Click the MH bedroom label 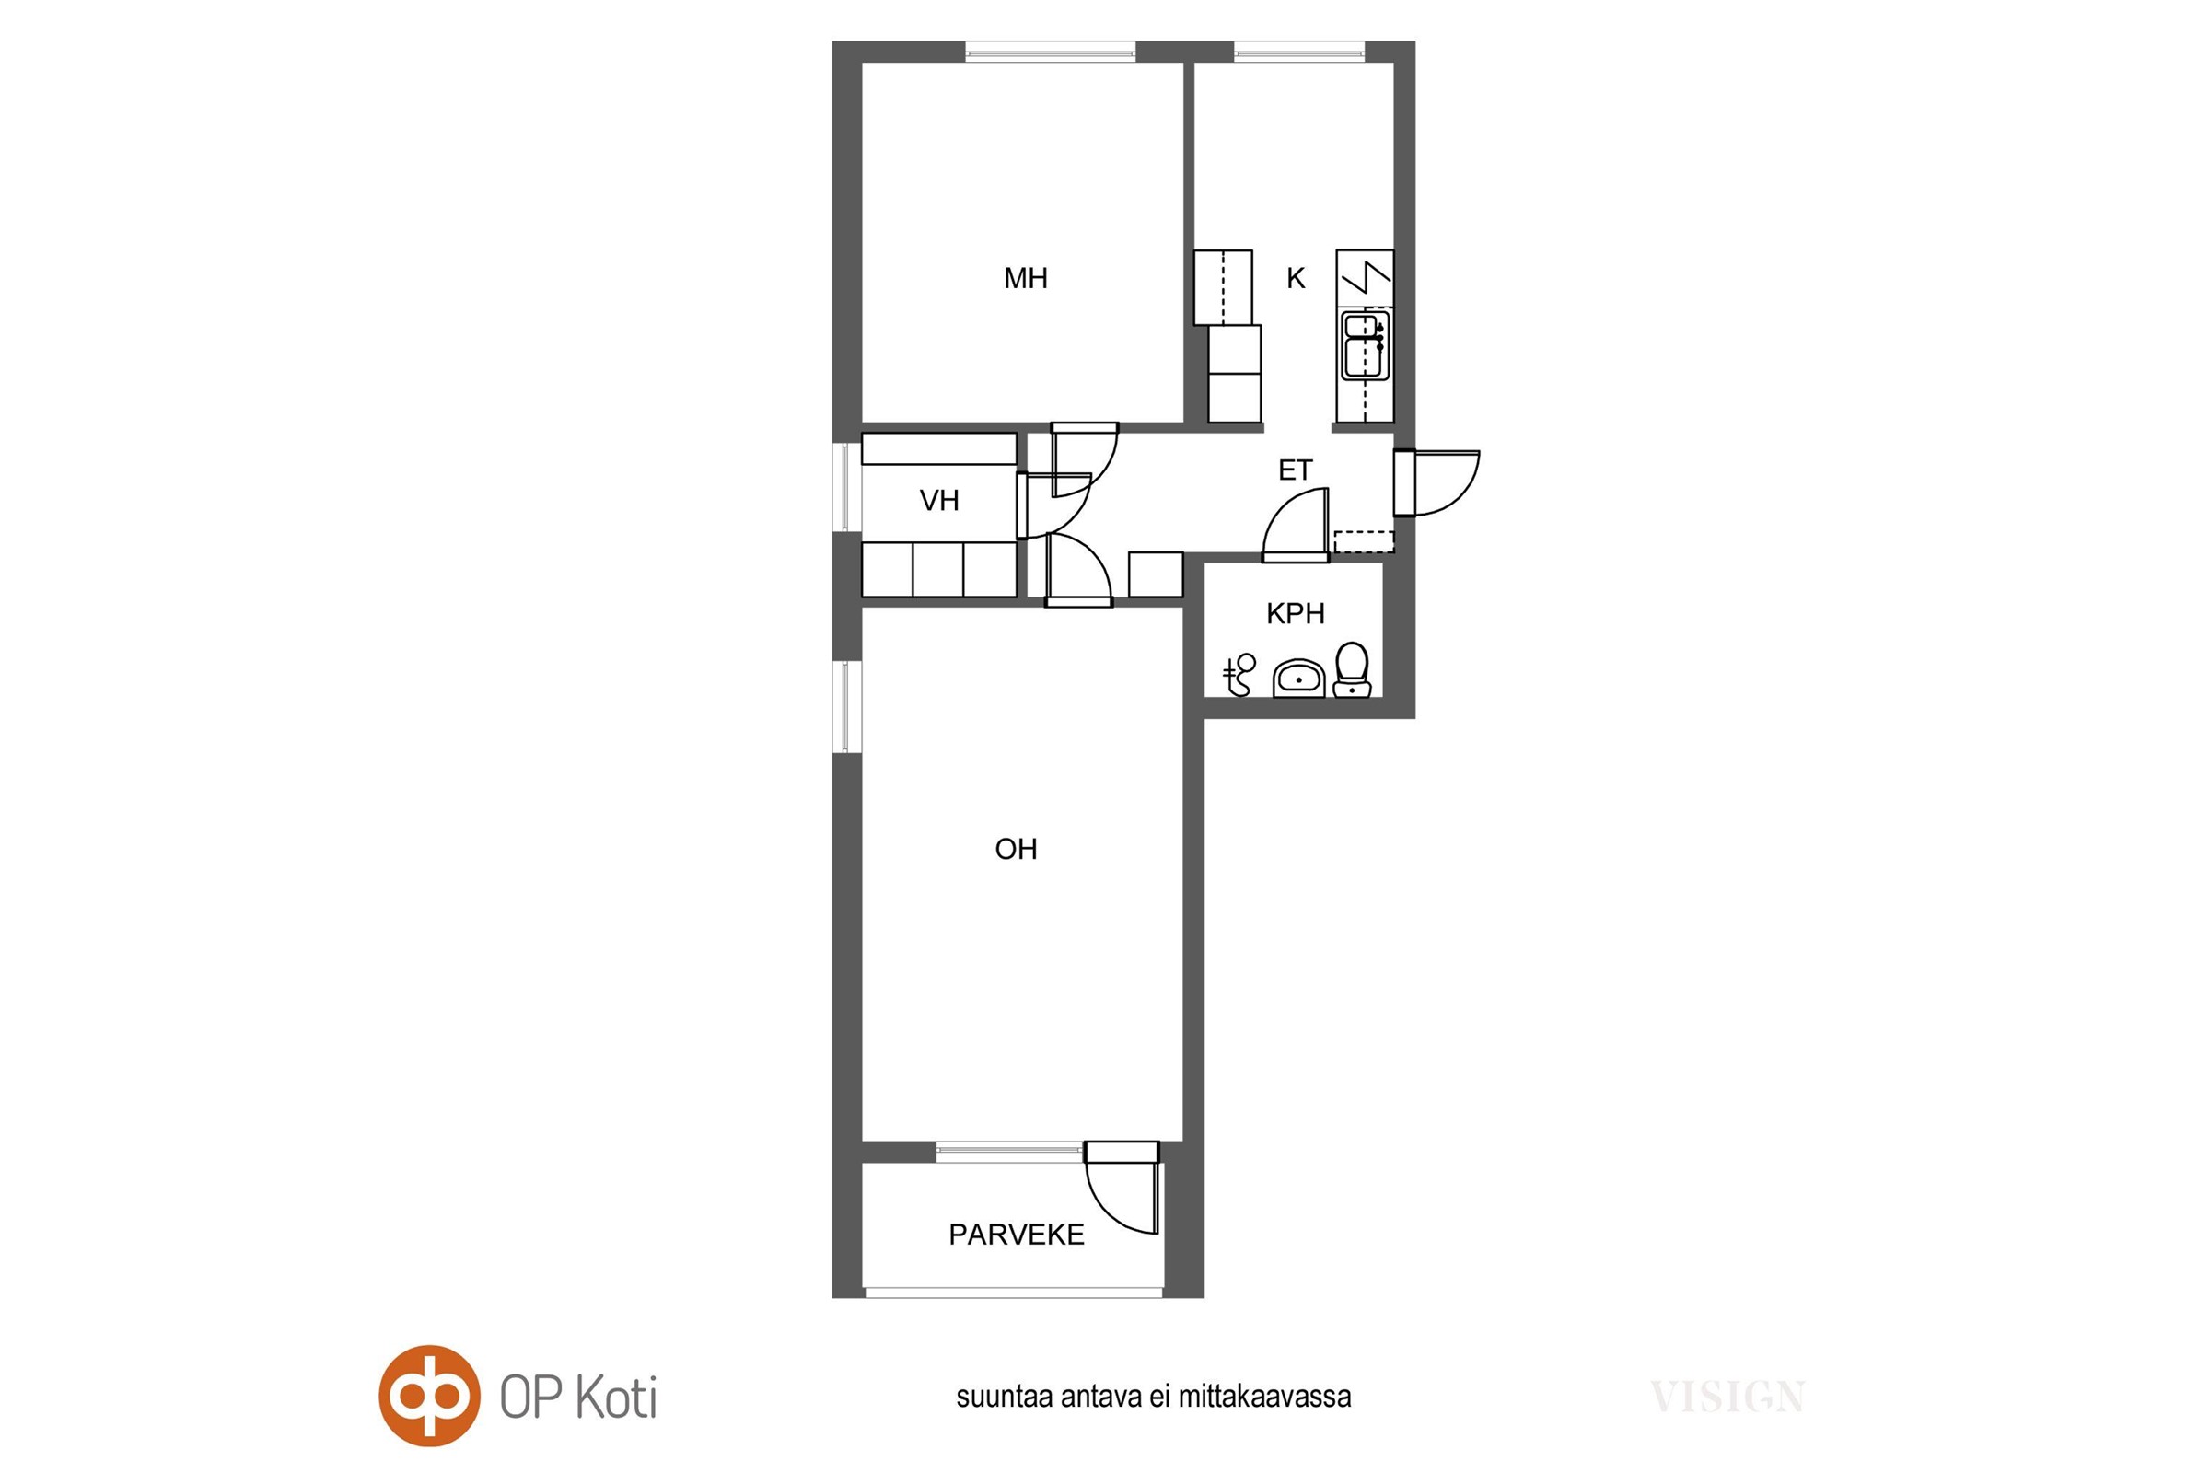coord(1025,278)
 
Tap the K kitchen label coord(1296,278)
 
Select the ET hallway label coord(1295,470)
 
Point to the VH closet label coord(938,501)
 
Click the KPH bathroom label coord(1295,613)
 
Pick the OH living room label coord(1016,849)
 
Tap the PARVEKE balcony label coord(1016,1235)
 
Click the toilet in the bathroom coord(1351,670)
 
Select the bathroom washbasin coord(1298,679)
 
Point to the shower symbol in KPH coord(1239,675)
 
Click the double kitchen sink coord(1366,346)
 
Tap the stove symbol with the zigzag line coord(1365,278)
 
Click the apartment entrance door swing coord(1436,482)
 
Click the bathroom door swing coord(1295,525)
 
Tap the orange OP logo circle coord(429,1396)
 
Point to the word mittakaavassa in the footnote coord(1264,1397)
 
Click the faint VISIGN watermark coord(1727,1397)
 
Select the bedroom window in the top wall coord(1051,52)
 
